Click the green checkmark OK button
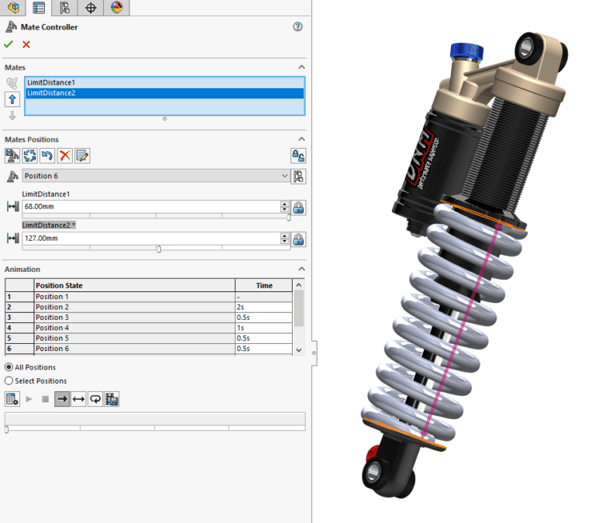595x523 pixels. [x=9, y=45]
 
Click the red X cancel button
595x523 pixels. [x=26, y=45]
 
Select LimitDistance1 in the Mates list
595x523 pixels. [x=51, y=82]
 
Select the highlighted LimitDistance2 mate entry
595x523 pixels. [x=51, y=93]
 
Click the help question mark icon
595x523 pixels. [x=297, y=26]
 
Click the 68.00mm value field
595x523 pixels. [x=150, y=207]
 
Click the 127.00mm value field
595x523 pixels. [x=150, y=239]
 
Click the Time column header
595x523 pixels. [x=264, y=285]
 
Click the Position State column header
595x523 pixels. [x=59, y=285]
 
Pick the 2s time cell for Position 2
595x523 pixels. [x=264, y=307]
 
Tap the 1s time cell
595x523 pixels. [x=264, y=328]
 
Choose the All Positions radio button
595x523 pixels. [x=9, y=367]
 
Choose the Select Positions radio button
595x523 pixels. [x=9, y=381]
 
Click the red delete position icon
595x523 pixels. [x=65, y=156]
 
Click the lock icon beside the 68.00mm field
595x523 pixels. [x=298, y=207]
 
